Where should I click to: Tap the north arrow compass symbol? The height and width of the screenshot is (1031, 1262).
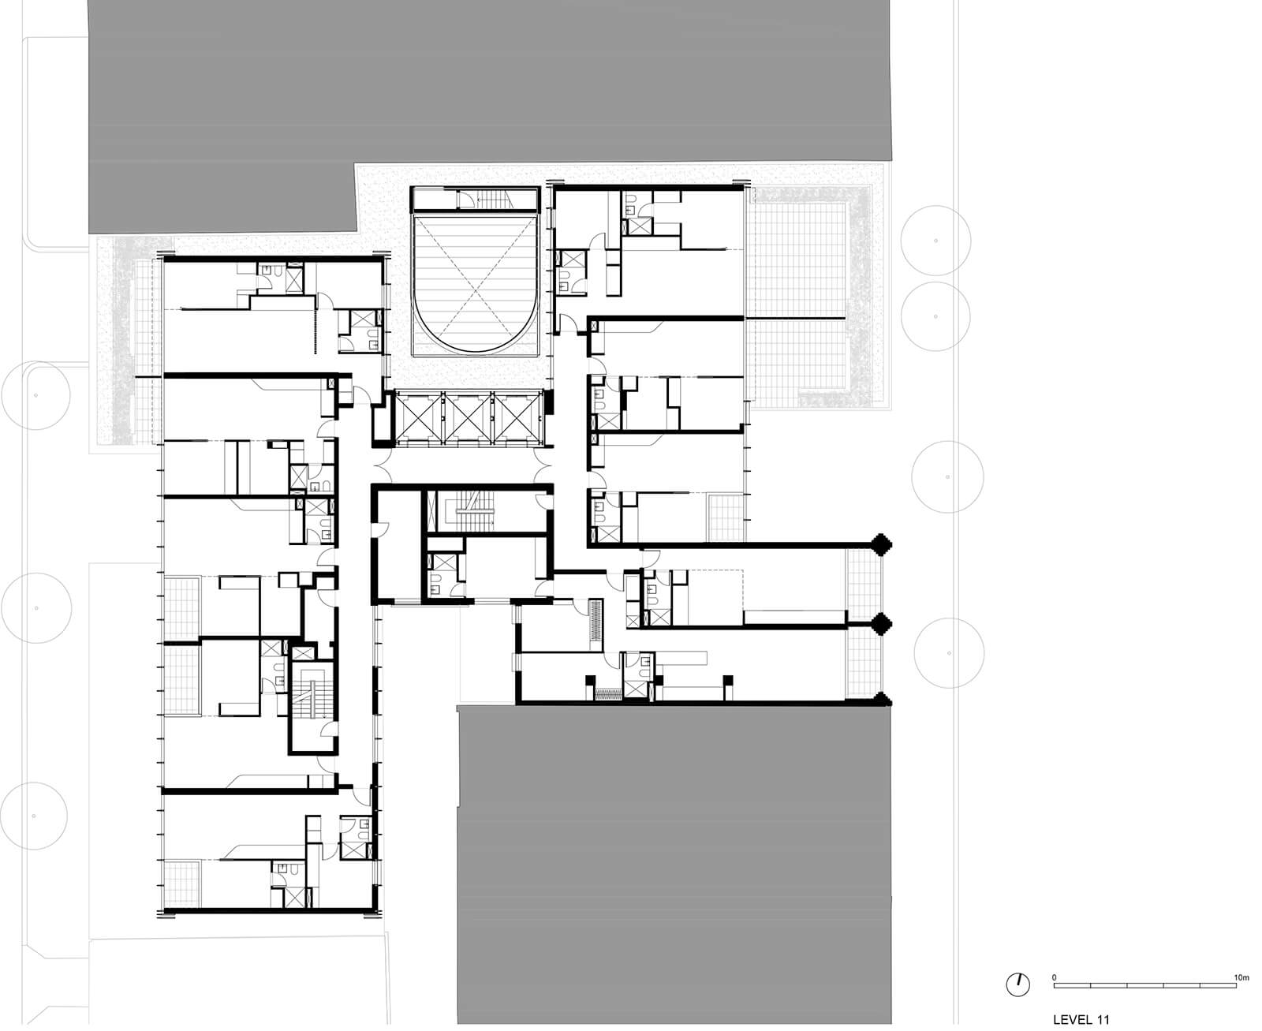[1018, 984]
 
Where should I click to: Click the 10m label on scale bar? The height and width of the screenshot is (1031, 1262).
[1241, 977]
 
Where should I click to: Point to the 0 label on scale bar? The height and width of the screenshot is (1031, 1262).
[1054, 977]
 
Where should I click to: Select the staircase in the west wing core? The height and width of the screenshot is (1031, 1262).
[314, 694]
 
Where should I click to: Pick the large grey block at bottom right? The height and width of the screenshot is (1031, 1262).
[674, 860]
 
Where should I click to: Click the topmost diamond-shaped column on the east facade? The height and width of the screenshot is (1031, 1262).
[881, 543]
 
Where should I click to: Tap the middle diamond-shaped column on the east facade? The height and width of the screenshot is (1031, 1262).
[881, 625]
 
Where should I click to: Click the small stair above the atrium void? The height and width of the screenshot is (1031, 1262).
[495, 200]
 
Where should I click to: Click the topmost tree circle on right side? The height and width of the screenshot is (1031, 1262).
[935, 240]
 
